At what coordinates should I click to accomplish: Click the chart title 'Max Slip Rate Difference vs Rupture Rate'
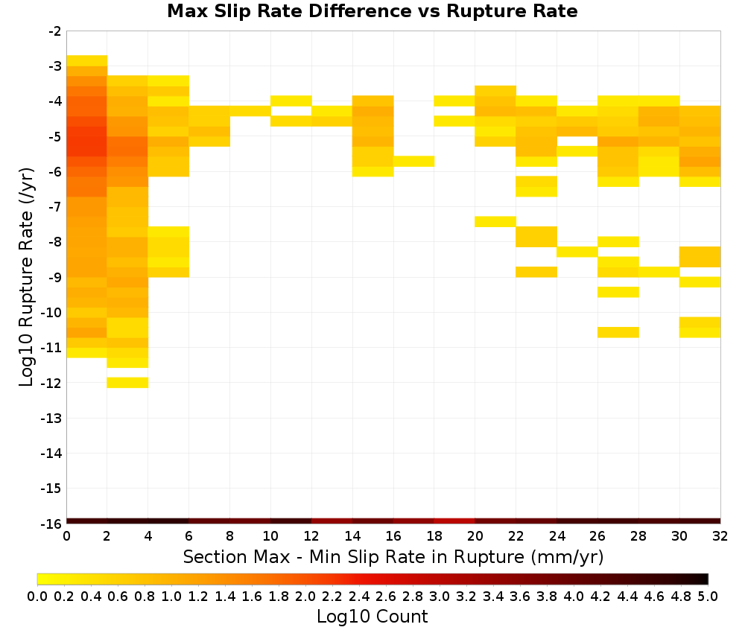[372, 11]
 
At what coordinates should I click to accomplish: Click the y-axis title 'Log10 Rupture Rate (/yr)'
[26, 277]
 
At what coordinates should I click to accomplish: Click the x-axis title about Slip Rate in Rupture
[393, 556]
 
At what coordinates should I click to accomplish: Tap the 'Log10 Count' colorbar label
[372, 617]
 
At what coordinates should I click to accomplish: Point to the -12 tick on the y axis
[51, 383]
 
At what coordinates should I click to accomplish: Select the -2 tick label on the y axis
[55, 31]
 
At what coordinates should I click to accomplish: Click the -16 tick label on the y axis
[51, 524]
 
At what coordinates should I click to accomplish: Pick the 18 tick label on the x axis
[434, 536]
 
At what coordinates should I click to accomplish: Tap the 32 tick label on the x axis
[720, 536]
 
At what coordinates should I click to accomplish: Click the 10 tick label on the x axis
[270, 536]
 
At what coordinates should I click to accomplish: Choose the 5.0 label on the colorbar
[708, 596]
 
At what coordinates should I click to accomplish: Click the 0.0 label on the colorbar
[37, 596]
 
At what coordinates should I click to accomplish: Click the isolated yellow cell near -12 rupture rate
[128, 382]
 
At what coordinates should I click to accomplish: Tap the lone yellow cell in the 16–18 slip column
[413, 161]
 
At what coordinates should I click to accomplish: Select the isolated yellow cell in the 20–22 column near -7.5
[495, 221]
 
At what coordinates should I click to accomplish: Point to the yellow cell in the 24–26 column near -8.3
[577, 252]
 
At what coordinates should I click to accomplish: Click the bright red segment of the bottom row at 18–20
[454, 521]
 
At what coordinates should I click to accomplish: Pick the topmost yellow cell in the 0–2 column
[87, 61]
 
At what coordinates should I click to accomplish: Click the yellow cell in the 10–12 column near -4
[291, 101]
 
